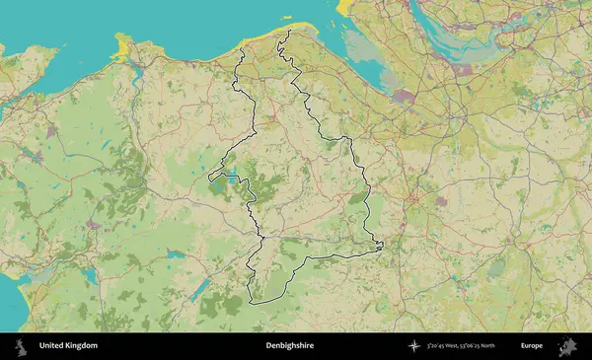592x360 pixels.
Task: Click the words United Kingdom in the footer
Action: point(68,346)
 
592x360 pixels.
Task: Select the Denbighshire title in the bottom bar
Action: point(287,346)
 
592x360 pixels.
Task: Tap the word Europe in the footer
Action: point(532,346)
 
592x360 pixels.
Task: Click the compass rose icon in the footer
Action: point(413,346)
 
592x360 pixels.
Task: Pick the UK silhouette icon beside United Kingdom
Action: point(20,346)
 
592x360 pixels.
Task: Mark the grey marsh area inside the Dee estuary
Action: point(404,98)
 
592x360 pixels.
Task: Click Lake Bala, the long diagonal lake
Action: point(199,287)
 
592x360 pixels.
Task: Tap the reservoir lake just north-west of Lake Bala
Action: point(176,255)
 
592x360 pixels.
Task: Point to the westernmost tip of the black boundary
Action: point(209,179)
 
